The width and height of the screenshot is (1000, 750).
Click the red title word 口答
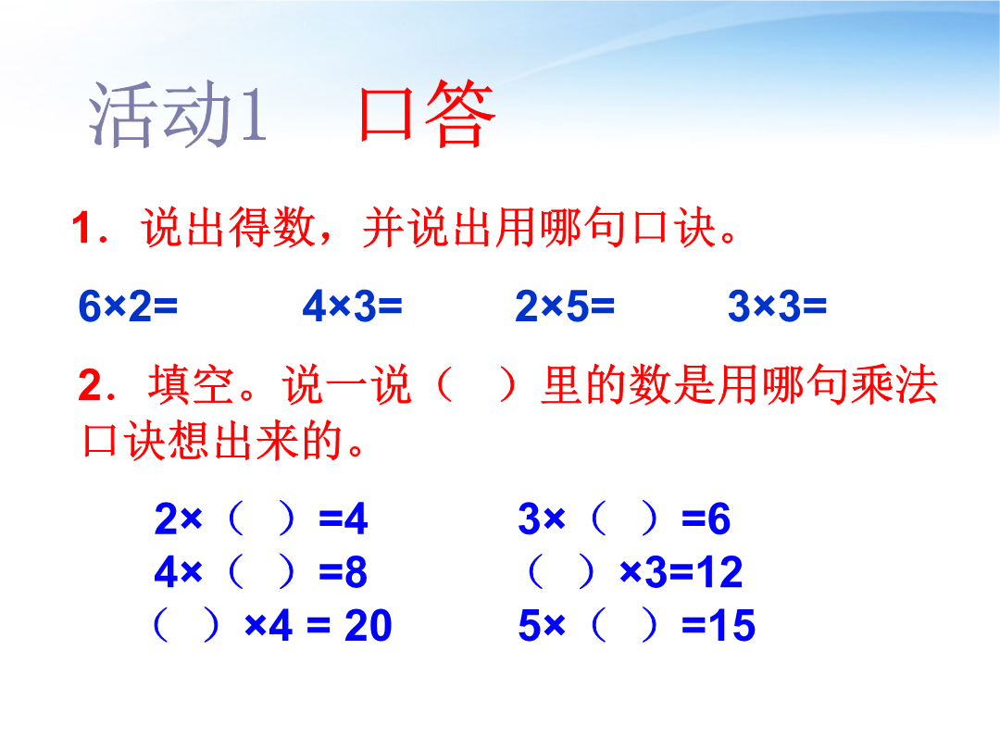[x=427, y=114]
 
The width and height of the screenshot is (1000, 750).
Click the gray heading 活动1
[x=177, y=115]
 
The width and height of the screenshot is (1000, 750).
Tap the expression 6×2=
[x=128, y=306]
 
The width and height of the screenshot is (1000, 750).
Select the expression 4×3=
[x=352, y=306]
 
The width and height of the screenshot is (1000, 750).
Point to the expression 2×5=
[x=565, y=306]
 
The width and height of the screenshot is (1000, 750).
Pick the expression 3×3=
[x=777, y=306]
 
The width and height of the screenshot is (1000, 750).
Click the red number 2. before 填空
[x=97, y=386]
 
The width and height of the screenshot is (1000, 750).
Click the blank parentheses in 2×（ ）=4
[x=261, y=519]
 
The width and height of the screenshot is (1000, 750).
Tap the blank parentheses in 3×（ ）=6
[x=624, y=519]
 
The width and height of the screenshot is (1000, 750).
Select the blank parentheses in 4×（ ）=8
[x=261, y=571]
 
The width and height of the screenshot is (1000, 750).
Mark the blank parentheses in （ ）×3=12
[x=562, y=572]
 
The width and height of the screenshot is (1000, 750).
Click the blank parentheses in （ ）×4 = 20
[x=187, y=625]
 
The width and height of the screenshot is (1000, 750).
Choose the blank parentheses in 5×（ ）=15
[x=624, y=625]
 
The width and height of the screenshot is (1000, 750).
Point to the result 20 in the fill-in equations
[x=368, y=626]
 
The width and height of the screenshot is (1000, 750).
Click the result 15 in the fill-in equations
[x=731, y=626]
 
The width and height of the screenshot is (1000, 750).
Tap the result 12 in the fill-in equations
[x=719, y=572]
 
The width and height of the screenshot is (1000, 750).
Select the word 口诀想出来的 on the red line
[x=213, y=441]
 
